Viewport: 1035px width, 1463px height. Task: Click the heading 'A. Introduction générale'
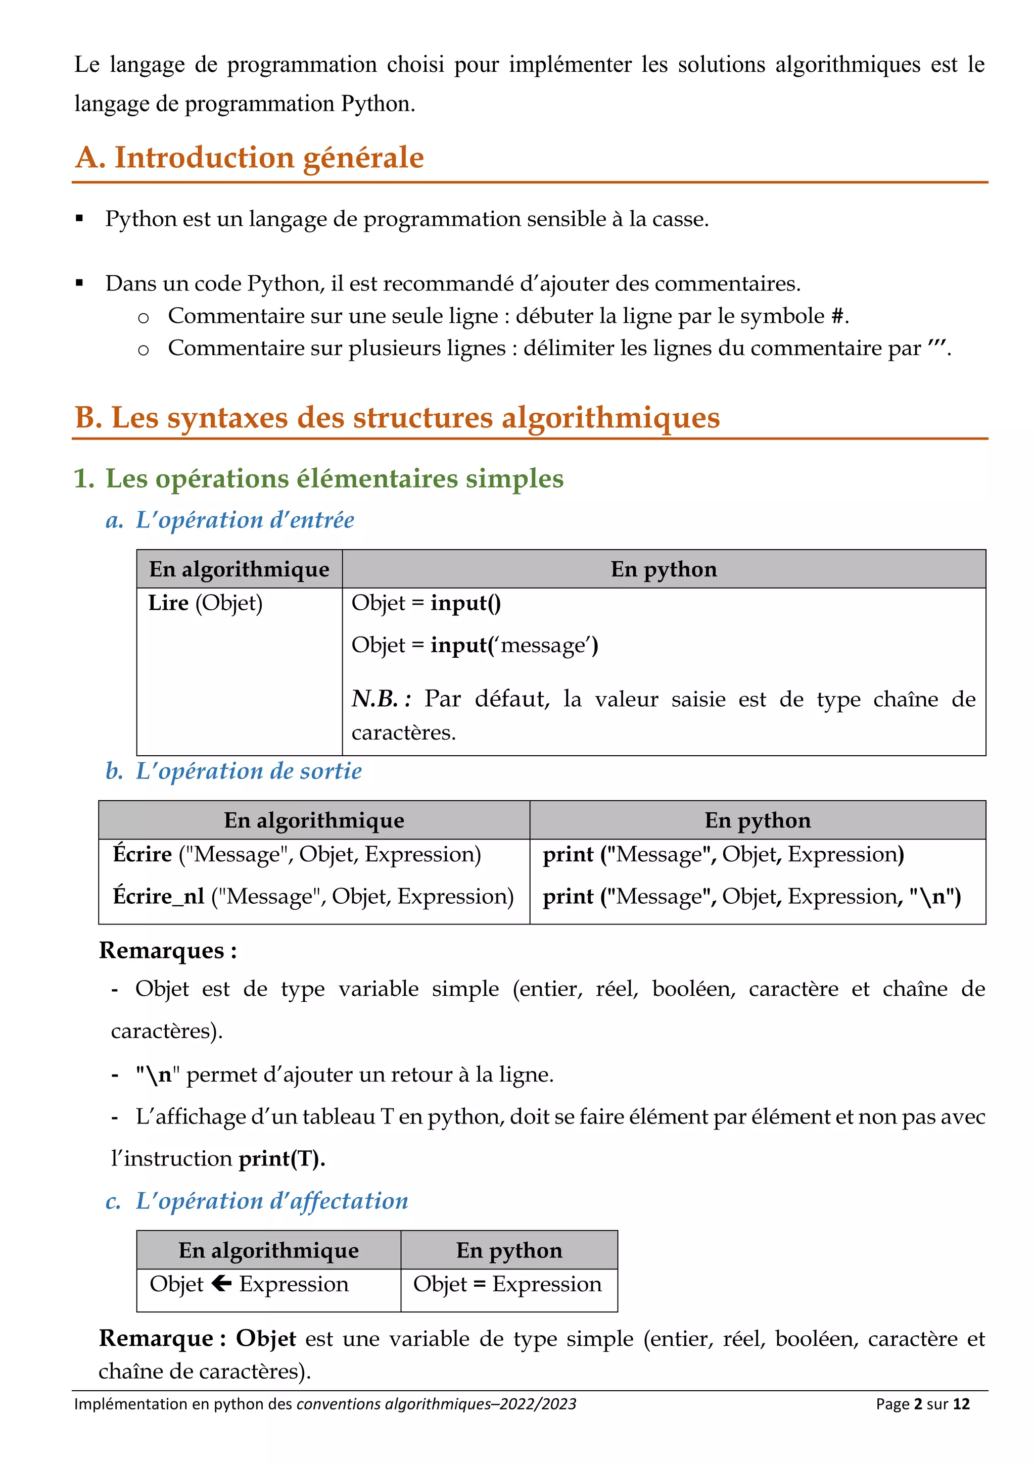250,158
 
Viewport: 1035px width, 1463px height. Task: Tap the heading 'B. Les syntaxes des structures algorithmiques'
397,418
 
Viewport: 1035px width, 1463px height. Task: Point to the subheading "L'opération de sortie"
249,771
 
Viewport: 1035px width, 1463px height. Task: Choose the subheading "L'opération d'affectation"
271,1201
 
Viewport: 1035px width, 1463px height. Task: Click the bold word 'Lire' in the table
168,603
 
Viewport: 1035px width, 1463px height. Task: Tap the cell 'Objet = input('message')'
475,646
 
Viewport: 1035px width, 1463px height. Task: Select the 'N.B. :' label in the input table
381,699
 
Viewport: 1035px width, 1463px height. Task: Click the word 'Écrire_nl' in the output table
159,897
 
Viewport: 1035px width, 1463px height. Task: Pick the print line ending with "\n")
752,897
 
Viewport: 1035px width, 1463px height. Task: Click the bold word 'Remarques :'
168,951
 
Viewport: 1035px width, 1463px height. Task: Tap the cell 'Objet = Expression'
507,1284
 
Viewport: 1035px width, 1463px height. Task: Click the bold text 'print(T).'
281,1158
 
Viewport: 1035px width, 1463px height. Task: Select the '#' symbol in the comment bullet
837,317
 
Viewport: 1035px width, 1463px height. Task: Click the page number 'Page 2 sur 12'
922,1404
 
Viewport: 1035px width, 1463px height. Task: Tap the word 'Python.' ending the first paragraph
378,104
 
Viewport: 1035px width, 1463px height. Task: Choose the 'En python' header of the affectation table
508,1250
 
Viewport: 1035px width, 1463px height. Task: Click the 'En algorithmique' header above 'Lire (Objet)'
239,569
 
